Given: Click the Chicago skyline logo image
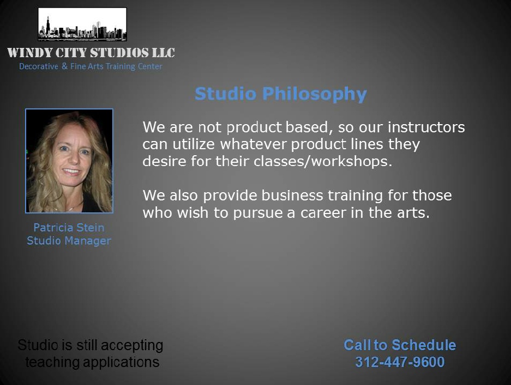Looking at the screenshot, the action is [82, 25].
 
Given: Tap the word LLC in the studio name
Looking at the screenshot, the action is [164, 53].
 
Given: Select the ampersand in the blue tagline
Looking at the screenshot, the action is [64, 66].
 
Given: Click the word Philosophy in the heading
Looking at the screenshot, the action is [315, 95].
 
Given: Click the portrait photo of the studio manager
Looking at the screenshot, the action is [69, 161].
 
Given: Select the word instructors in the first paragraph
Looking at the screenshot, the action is [426, 127].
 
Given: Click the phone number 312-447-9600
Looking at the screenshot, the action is [400, 362].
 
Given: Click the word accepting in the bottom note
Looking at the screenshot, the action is [136, 346].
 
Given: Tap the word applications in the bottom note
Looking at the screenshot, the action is [121, 363].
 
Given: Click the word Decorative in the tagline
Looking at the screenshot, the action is [39, 66].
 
